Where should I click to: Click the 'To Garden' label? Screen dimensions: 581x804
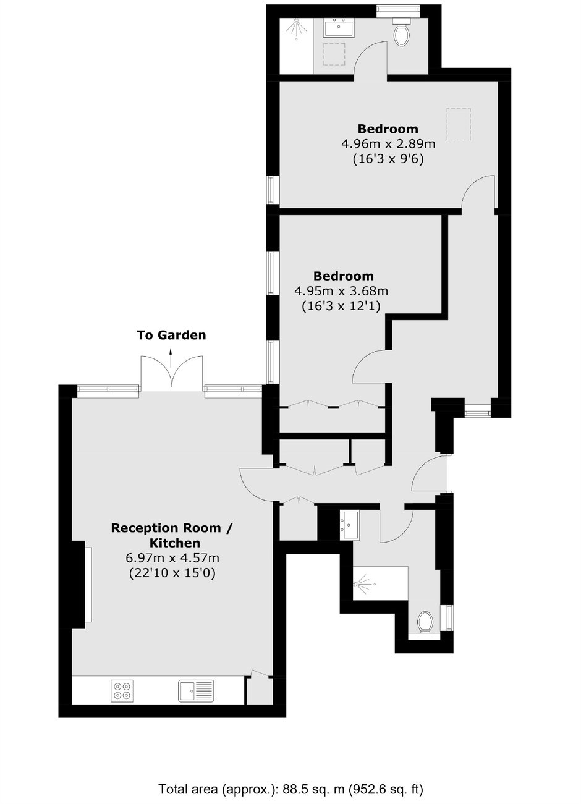[x=171, y=335]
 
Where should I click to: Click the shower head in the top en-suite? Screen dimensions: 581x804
[x=295, y=28]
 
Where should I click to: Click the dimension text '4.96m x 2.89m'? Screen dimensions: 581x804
[x=388, y=144]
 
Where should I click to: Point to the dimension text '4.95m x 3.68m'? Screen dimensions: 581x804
[x=341, y=290]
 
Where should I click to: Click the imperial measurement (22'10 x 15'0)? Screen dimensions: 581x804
[x=172, y=573]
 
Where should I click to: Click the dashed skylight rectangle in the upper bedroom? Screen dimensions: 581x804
[x=459, y=124]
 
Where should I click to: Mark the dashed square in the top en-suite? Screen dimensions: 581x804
[x=334, y=54]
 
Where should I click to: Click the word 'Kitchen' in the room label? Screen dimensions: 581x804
[x=175, y=543]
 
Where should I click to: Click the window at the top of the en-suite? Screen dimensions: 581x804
[x=398, y=9]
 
